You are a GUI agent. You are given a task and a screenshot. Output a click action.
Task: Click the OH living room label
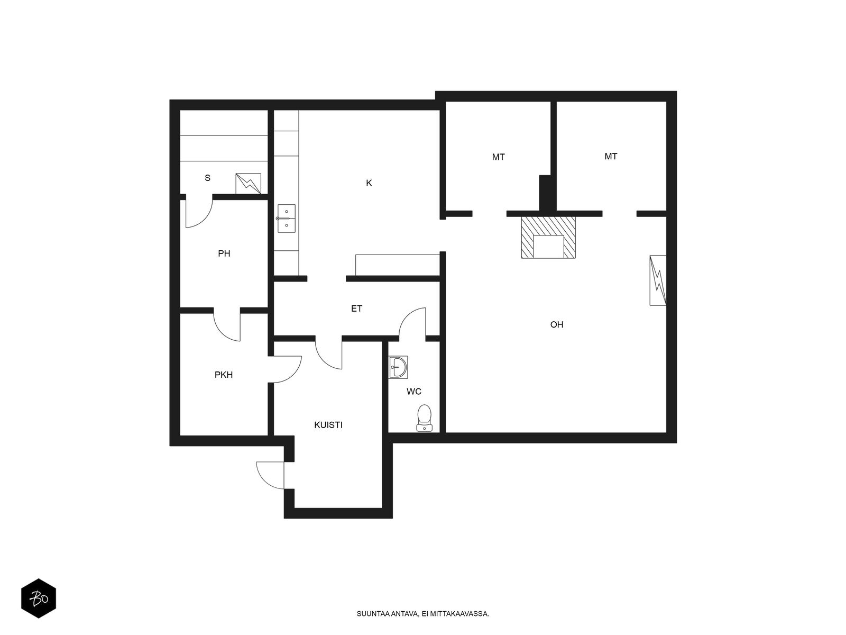(x=557, y=324)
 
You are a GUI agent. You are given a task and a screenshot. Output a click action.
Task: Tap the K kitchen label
(x=369, y=183)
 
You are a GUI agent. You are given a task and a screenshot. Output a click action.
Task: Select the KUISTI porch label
(x=328, y=425)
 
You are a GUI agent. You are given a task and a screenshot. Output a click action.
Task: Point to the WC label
(x=414, y=392)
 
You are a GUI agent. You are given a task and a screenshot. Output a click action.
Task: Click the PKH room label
(x=224, y=375)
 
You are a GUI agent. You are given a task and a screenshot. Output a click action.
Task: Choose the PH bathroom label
(x=224, y=253)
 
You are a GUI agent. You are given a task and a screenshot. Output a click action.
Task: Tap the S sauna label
(x=207, y=178)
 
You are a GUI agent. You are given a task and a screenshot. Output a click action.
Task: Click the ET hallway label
(x=356, y=309)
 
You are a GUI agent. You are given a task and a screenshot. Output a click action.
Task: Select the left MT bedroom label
(x=499, y=157)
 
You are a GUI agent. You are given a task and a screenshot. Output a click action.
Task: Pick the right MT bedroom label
(x=611, y=157)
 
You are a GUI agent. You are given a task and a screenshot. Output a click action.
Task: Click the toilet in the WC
(x=425, y=418)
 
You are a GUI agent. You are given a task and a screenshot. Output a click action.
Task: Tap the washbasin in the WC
(x=398, y=367)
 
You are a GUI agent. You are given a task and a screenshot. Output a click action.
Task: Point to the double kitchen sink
(x=287, y=219)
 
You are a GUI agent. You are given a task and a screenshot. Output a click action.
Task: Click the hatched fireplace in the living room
(x=548, y=238)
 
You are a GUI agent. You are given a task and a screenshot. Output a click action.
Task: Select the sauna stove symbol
(x=248, y=184)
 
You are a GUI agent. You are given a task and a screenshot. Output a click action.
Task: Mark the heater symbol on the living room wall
(x=658, y=280)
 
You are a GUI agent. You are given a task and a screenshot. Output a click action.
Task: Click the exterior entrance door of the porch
(x=271, y=475)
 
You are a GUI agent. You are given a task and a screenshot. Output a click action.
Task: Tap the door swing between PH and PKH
(x=227, y=327)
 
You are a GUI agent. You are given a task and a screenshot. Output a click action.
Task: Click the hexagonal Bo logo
(x=39, y=598)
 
